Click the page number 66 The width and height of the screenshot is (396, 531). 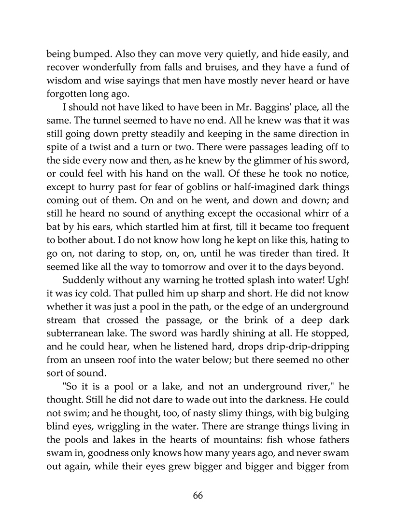pyautogui.click(x=198, y=496)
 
